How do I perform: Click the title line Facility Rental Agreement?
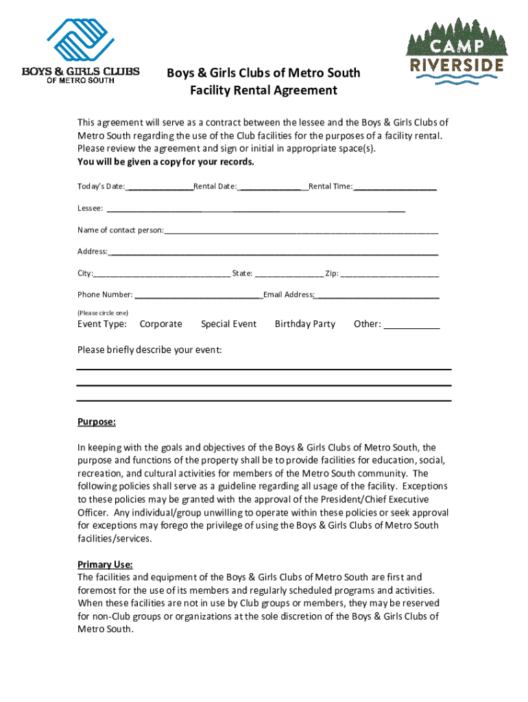264,90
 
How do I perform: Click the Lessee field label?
90,208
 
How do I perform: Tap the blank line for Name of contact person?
301,230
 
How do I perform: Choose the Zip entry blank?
389,274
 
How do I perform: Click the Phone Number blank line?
199,295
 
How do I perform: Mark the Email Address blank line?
376,295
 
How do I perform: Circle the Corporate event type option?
160,324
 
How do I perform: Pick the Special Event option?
228,324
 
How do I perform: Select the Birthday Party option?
304,324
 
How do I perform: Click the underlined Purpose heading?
96,422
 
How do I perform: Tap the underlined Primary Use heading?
104,565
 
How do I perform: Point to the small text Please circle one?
102,313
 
